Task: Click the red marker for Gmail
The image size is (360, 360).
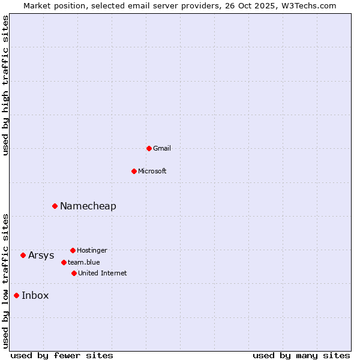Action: pos(149,148)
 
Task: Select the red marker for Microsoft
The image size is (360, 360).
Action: pos(134,171)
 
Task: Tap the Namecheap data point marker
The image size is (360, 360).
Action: pos(55,206)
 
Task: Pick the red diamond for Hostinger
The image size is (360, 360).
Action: pos(73,250)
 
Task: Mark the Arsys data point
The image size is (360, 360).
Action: pos(23,255)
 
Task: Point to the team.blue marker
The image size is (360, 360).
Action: pos(64,262)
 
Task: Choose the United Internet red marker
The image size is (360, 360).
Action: pos(74,273)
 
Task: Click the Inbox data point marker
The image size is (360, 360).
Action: pos(16,295)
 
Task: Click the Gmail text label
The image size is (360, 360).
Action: pos(162,148)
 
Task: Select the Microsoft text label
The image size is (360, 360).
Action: pos(152,171)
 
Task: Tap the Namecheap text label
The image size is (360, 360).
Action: pos(88,206)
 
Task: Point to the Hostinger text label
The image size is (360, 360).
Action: pos(92,250)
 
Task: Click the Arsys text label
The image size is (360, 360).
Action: pos(41,255)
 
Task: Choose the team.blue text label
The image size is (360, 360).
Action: pos(84,262)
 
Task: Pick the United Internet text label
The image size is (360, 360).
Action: pos(103,273)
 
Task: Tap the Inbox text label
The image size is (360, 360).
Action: pos(35,295)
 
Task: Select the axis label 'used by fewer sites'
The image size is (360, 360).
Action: pos(62,355)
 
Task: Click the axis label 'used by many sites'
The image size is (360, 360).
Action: pos(301,355)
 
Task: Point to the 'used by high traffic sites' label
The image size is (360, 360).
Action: pos(5,85)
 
